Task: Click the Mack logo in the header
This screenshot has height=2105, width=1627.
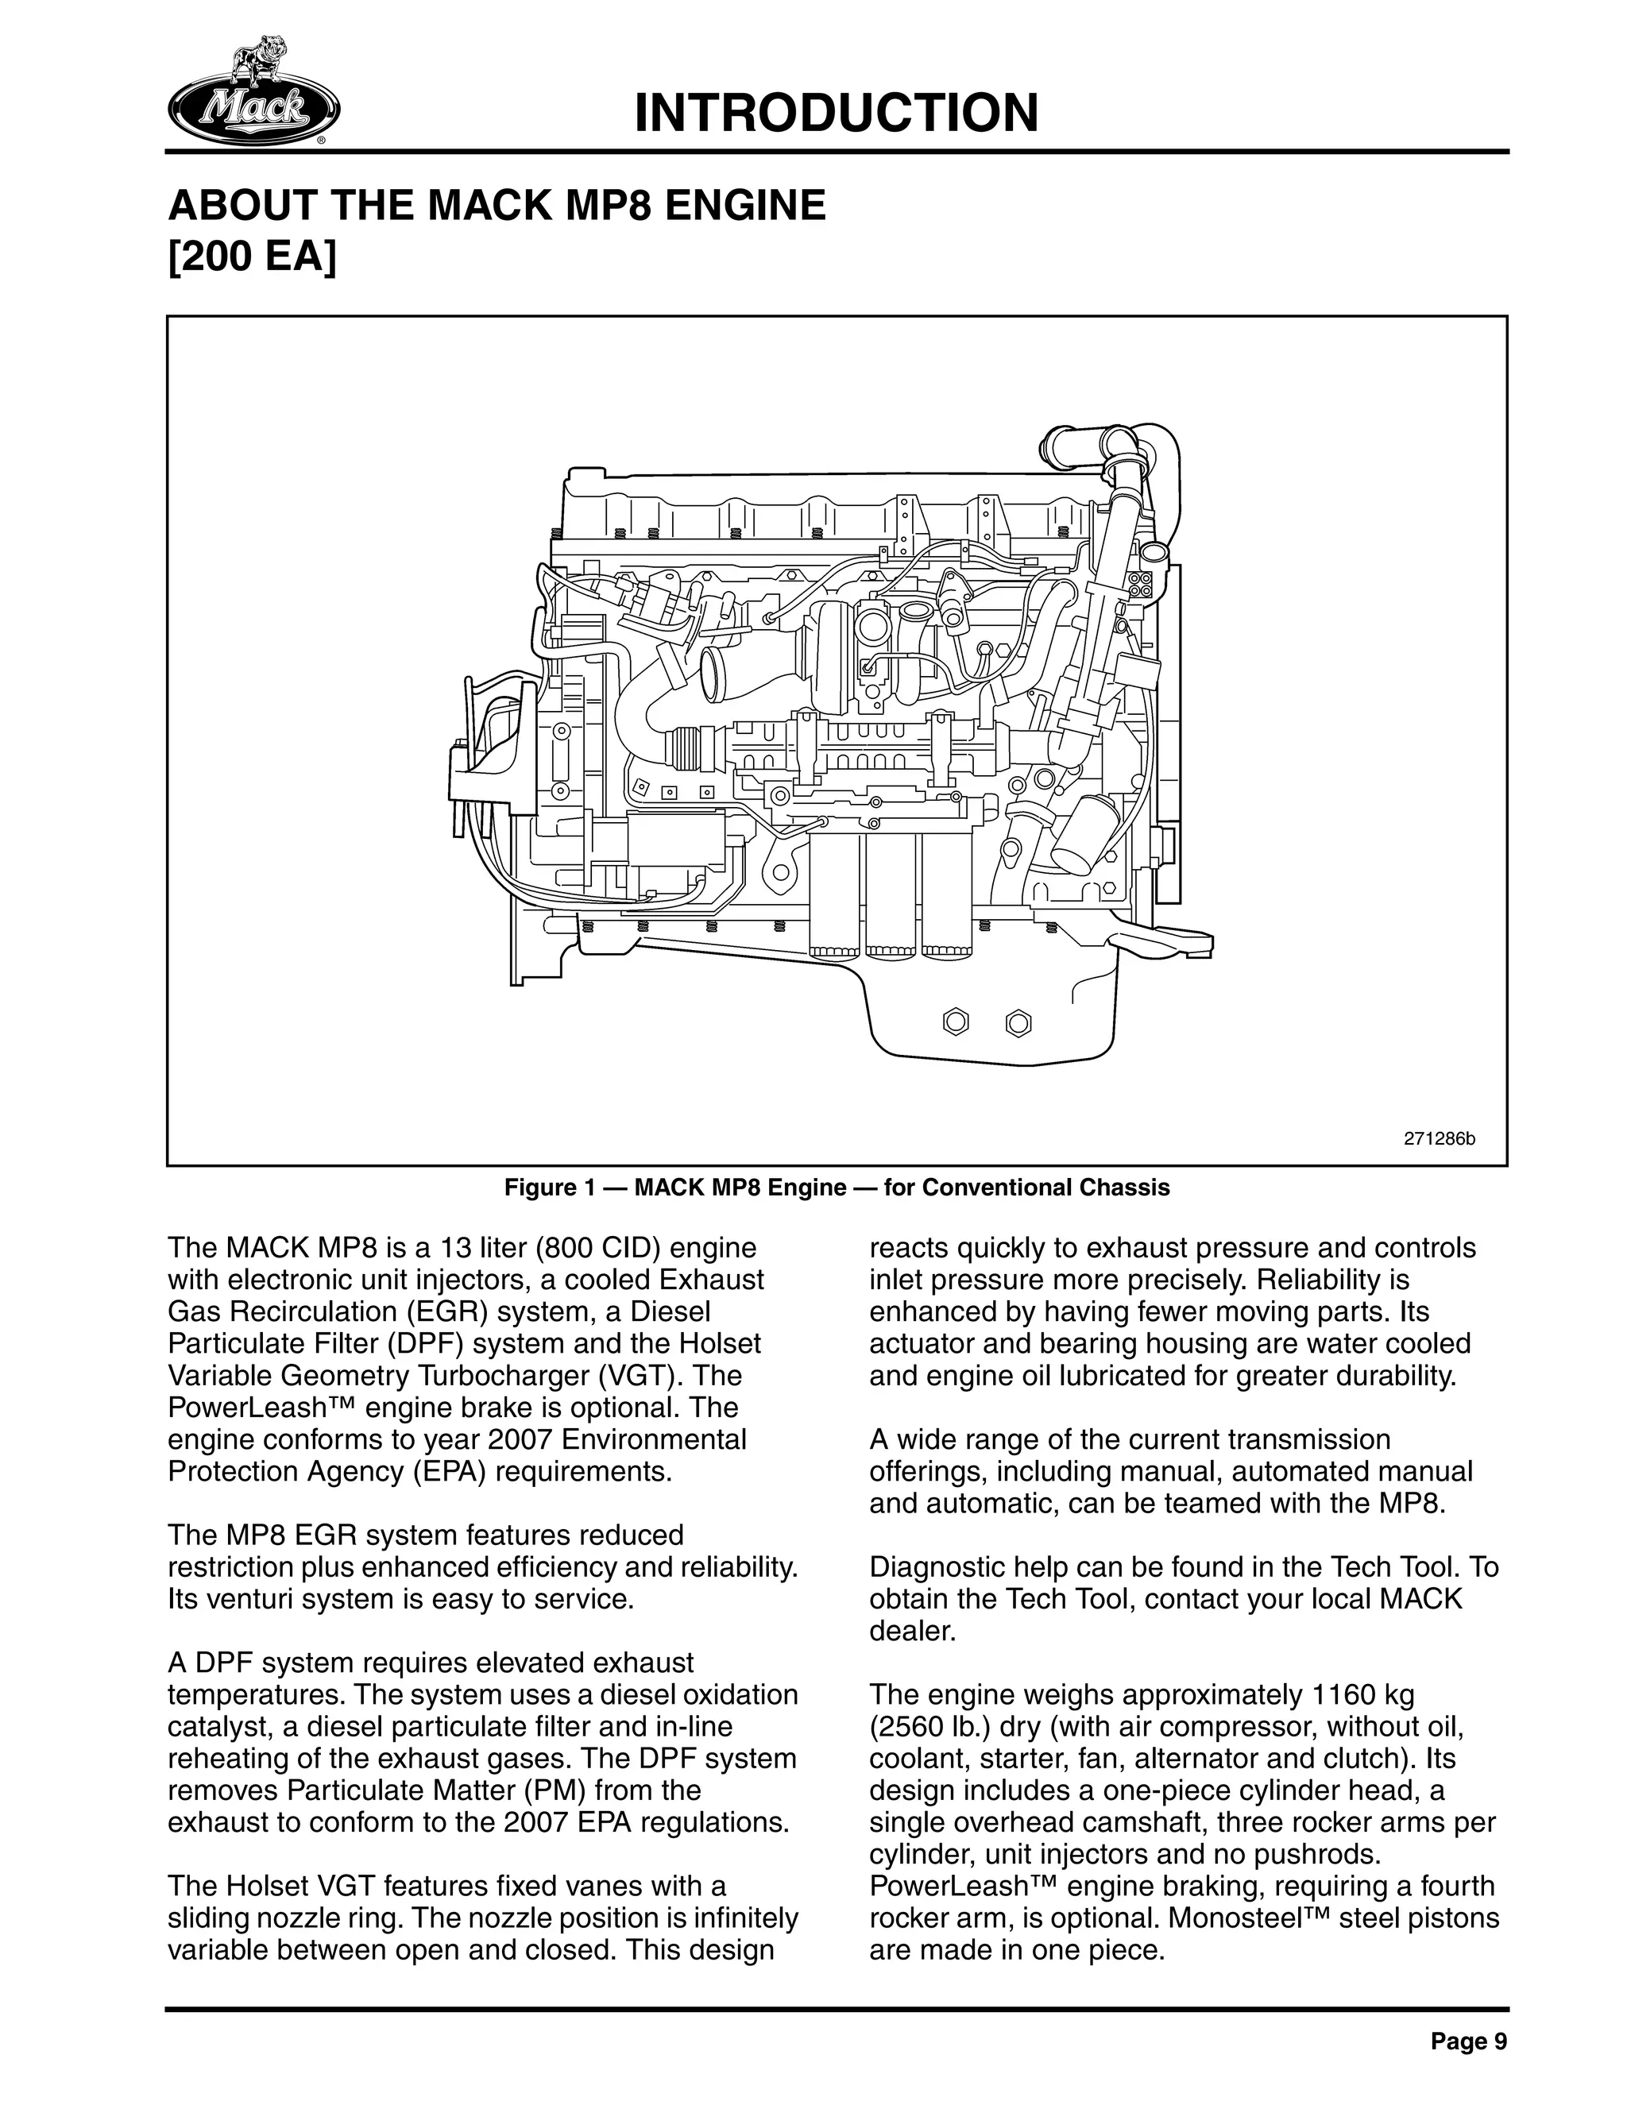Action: (x=253, y=95)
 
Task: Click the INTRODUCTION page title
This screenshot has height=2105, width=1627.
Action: (x=837, y=113)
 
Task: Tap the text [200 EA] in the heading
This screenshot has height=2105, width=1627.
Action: (x=253, y=261)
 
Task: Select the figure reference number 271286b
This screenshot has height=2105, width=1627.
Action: (x=1439, y=1138)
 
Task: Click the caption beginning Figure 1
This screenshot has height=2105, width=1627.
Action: (x=837, y=1188)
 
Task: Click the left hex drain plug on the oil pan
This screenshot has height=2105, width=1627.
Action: (x=954, y=1022)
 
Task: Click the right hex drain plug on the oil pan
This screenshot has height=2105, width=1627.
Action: (x=1018, y=1022)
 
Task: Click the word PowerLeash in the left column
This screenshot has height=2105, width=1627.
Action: (x=240, y=1408)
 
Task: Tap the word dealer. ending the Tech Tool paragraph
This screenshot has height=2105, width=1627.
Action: (x=912, y=1632)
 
